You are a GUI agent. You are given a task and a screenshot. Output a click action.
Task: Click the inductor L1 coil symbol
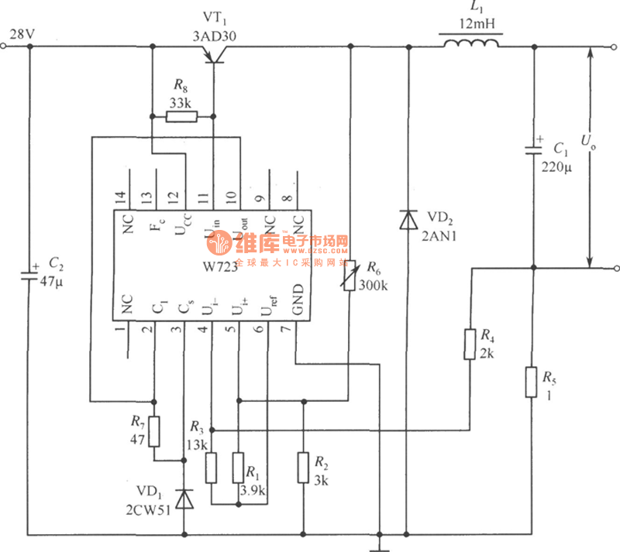click(470, 44)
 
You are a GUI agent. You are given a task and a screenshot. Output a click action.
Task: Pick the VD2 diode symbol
click(407, 220)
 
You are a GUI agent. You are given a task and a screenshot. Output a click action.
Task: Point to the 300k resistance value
click(373, 284)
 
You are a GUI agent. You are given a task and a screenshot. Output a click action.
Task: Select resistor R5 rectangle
click(531, 382)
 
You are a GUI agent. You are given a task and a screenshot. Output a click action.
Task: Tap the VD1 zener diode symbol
click(184, 500)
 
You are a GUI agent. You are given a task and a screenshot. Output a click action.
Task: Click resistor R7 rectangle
click(154, 432)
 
